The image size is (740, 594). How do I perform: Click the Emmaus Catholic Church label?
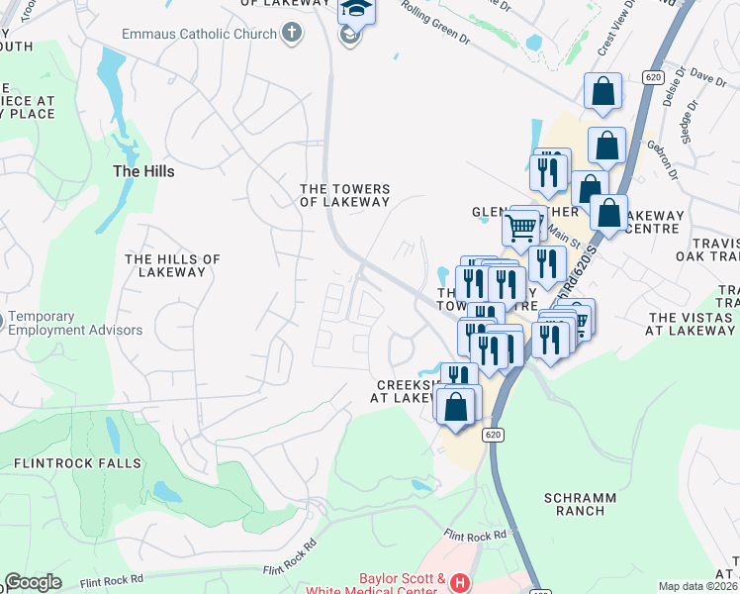point(197,34)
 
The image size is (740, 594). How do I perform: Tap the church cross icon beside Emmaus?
point(291,34)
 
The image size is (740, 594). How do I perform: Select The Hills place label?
point(143,171)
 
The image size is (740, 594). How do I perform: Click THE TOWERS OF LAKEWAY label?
point(345,195)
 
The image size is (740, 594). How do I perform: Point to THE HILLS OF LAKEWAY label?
point(172,265)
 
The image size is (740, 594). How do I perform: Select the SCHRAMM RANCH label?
point(580,504)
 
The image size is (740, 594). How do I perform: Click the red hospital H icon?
point(459,583)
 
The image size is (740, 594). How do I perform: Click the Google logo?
point(33,582)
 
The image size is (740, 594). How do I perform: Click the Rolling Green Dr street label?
point(436,28)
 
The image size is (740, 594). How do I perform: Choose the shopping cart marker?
point(520,228)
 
